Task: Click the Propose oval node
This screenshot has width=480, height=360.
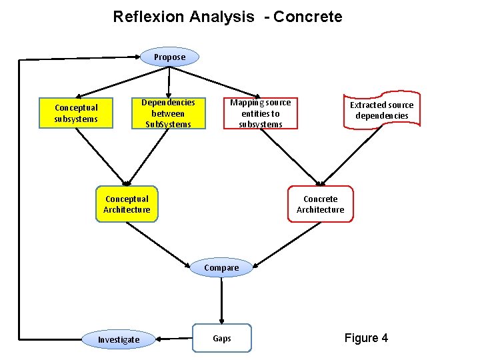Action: coord(170,57)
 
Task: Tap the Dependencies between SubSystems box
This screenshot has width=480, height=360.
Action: coord(168,113)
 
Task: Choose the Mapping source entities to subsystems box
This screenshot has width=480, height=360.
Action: coord(261,113)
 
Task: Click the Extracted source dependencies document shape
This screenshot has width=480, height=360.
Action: coord(381,110)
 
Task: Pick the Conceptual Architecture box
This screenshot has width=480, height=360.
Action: coord(127,204)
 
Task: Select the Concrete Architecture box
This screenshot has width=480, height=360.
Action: coord(321,204)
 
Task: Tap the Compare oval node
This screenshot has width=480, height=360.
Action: coord(221,268)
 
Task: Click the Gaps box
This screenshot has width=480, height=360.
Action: coord(222,338)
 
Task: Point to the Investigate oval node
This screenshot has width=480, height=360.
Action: coord(119,339)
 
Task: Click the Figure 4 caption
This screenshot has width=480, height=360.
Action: coord(366,338)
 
